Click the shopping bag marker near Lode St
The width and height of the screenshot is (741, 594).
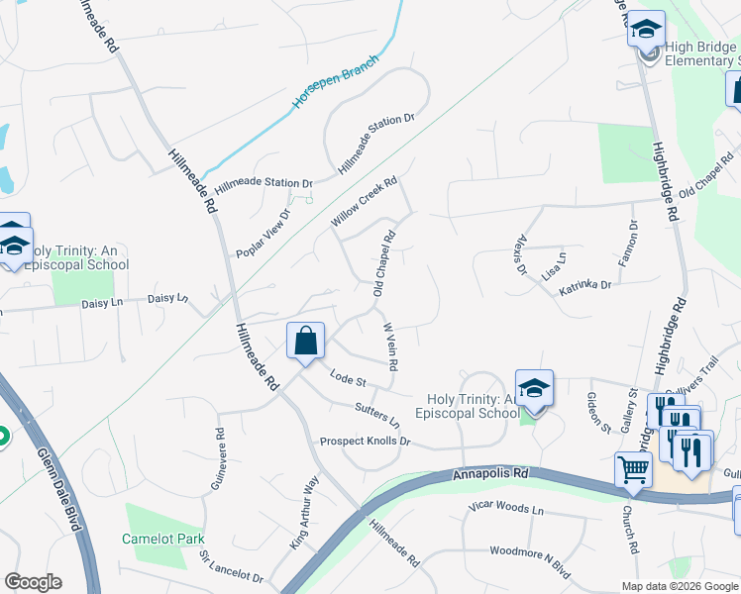tap(306, 341)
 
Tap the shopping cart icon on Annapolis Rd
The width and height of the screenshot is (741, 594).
tap(633, 468)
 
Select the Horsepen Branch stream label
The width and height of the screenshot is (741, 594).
tap(336, 89)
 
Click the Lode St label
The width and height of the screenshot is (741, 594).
tap(349, 378)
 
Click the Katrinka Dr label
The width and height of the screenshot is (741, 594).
tap(584, 285)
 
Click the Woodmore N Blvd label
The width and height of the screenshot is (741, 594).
tap(531, 550)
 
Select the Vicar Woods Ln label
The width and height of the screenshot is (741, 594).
tap(506, 510)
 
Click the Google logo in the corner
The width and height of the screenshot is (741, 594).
tap(33, 582)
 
